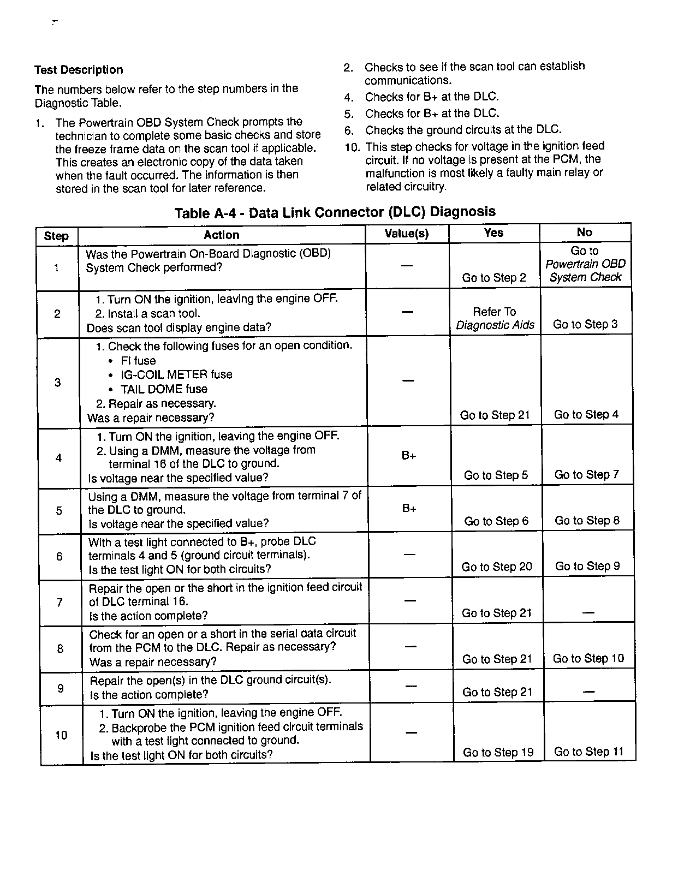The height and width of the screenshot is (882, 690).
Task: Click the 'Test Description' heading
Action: [79, 70]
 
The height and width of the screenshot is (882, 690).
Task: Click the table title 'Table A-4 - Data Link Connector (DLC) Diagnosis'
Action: [335, 212]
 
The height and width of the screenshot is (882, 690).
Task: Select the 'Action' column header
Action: [221, 235]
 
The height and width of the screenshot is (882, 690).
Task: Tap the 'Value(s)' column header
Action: [407, 234]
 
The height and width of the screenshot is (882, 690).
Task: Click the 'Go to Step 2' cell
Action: [494, 278]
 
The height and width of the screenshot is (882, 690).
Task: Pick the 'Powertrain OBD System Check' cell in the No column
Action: [585, 264]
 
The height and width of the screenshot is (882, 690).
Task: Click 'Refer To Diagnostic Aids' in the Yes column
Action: [495, 319]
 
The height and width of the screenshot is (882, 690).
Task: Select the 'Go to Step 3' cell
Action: [585, 324]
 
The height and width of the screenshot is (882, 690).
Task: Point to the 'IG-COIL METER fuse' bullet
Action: [176, 375]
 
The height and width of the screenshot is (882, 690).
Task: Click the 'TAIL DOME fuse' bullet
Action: [164, 389]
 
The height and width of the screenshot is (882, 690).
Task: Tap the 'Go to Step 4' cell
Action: [586, 415]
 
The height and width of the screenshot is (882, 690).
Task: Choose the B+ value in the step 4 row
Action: [409, 456]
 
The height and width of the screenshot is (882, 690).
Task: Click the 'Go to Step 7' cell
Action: [587, 475]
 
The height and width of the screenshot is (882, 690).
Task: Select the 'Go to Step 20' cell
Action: [497, 567]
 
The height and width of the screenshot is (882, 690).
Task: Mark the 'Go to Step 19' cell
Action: [498, 753]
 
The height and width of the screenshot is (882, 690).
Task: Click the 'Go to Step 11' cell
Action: [589, 752]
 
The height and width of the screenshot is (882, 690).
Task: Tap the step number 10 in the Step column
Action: [61, 735]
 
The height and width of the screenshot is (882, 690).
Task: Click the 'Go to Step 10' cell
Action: [588, 659]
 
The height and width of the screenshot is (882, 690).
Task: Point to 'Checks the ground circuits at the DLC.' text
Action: [463, 130]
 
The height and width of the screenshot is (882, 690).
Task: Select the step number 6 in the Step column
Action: [60, 557]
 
